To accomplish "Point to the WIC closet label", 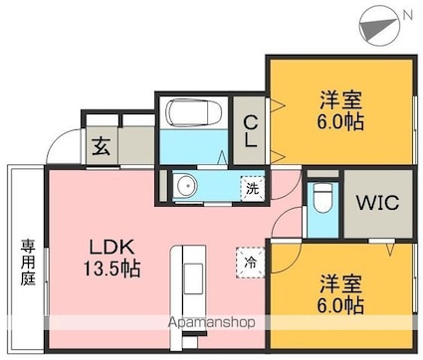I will point(377,204).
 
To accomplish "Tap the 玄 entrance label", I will point(102,148).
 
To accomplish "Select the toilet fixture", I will point(320,200).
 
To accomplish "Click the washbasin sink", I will point(185,184).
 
